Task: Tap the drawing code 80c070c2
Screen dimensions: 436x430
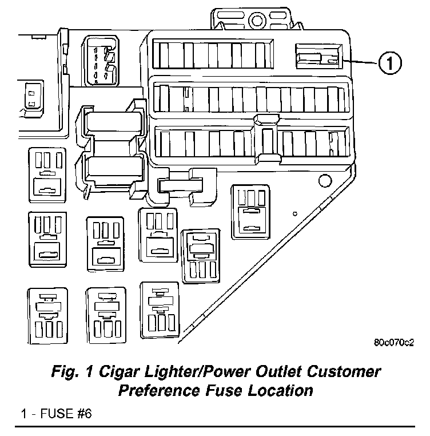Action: coord(393,343)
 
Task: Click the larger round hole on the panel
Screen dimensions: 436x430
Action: coord(324,183)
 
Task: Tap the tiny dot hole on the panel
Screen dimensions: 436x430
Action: coord(294,214)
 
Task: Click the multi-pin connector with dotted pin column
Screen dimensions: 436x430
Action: coord(102,62)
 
